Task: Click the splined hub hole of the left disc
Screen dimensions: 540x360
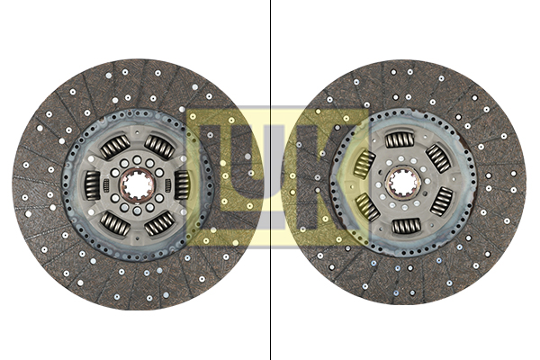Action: [x=137, y=185]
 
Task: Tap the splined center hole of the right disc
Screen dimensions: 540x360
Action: [x=403, y=183]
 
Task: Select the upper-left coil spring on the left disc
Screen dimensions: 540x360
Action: [x=115, y=147]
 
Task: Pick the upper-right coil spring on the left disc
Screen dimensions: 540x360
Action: [x=159, y=147]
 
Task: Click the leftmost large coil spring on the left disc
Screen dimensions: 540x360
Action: [x=93, y=185]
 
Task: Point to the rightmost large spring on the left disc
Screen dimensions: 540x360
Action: [x=182, y=185]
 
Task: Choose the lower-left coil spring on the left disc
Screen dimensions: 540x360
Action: [x=115, y=223]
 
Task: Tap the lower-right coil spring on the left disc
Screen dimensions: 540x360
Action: [x=159, y=223]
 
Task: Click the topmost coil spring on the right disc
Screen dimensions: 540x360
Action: [x=400, y=139]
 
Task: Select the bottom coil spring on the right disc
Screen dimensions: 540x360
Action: [x=407, y=226]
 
